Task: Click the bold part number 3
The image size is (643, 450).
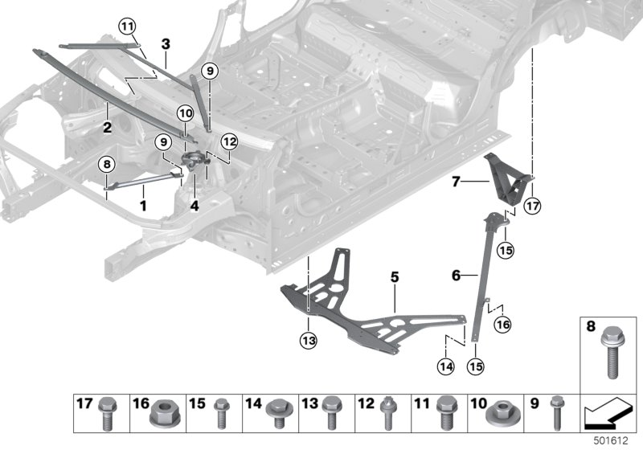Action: point(165,43)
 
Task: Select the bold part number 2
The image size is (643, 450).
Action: point(106,126)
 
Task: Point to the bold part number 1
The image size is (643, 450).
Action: point(143,205)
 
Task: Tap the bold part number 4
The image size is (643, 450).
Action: point(195,205)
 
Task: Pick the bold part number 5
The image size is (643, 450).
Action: point(395,276)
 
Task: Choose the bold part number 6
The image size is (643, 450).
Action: point(456,275)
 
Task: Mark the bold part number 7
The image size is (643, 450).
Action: point(456,182)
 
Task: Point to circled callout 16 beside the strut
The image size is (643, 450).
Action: point(503,325)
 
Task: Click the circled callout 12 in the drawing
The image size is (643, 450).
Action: point(230,142)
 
